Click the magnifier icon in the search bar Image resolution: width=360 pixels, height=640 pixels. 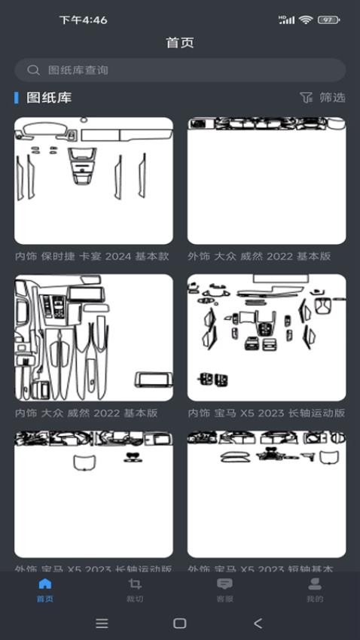[x=33, y=70]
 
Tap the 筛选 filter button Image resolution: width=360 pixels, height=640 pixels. [x=322, y=97]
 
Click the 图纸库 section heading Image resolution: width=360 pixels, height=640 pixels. [x=49, y=97]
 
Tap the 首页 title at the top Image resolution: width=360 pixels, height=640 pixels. [x=180, y=42]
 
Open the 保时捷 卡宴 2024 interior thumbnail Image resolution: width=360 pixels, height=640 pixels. [x=93, y=181]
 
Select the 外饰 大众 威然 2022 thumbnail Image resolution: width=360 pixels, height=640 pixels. [x=267, y=181]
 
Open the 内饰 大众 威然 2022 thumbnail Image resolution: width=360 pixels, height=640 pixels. [x=93, y=337]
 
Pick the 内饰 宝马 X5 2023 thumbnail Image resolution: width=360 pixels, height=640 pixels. [x=267, y=337]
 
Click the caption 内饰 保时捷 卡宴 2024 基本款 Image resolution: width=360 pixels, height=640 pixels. [x=92, y=256]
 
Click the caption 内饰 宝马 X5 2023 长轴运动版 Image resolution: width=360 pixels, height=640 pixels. [x=266, y=413]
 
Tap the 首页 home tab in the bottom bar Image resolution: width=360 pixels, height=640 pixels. [x=45, y=590]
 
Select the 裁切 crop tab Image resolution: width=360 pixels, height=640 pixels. [x=135, y=590]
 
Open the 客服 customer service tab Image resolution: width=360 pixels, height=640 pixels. [x=224, y=590]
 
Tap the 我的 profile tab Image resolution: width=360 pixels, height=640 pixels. [x=315, y=590]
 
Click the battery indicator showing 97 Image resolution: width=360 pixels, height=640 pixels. [x=328, y=20]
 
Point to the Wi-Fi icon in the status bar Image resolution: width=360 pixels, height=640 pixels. [x=305, y=20]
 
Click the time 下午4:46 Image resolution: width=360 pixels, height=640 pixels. [x=83, y=20]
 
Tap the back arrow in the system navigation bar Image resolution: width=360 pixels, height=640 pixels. [x=258, y=623]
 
